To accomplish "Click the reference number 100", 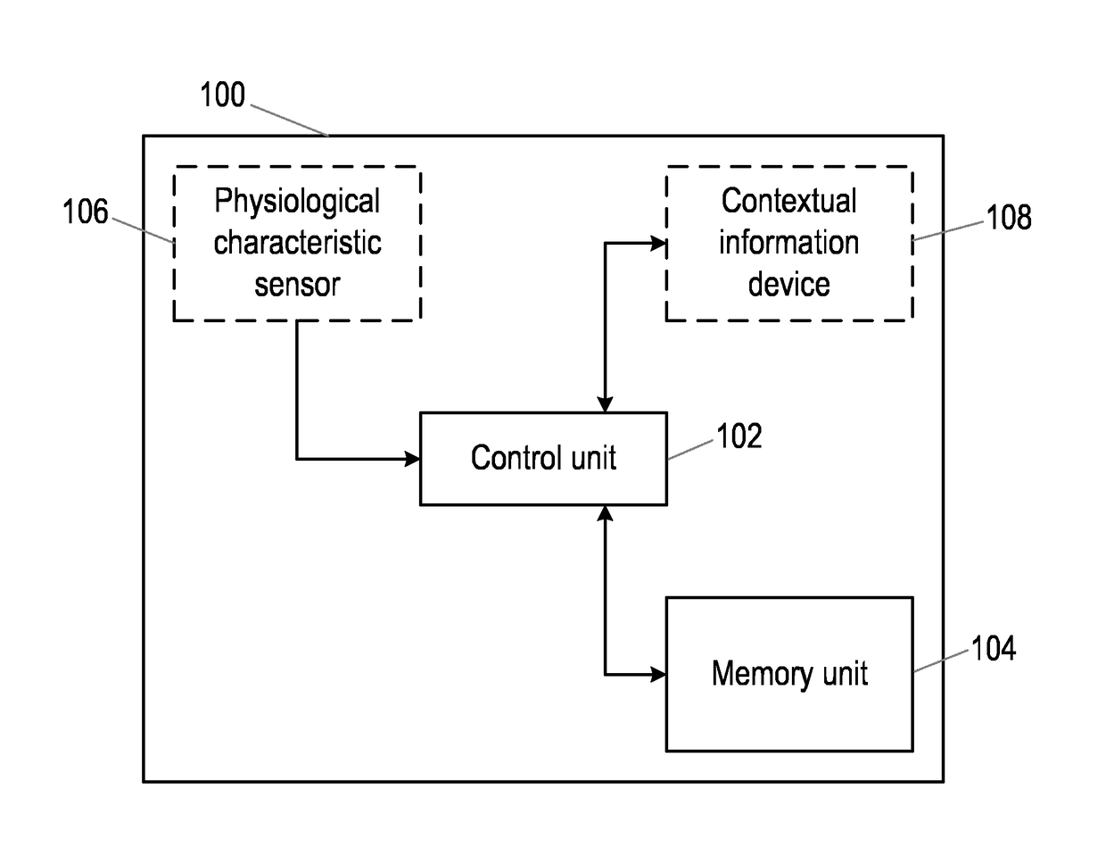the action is pos(222,95).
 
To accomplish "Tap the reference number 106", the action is pos(86,212).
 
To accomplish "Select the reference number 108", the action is pos(1009,217).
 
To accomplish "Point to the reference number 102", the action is pos(739,436).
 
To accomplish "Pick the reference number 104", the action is pos(994,648).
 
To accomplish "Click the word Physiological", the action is pos(297,201).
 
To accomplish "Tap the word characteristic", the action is pos(297,242).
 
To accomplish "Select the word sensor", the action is pos(297,285).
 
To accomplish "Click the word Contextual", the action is pos(788,200).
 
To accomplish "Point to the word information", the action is pos(788,242).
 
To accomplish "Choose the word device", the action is pos(788,284).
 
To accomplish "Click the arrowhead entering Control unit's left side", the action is pos(412,459).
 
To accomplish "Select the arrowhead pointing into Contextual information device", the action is pos(658,244).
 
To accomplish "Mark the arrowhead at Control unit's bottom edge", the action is pos(605,513).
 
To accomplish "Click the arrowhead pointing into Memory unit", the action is pos(658,674).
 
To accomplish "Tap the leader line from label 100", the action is pos(290,121).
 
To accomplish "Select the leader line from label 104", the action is pos(941,661).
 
